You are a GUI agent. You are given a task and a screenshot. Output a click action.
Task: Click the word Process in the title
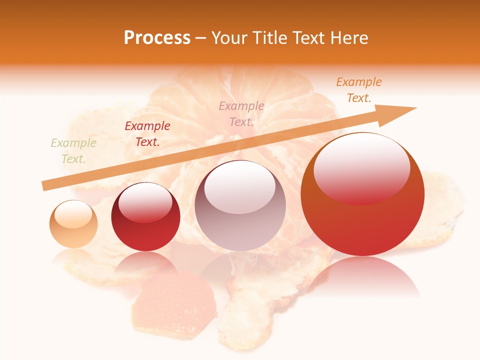[x=157, y=38]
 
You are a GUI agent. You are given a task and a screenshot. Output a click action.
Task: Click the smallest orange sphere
[x=73, y=224]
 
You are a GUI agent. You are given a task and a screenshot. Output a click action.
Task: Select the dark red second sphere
[x=145, y=217]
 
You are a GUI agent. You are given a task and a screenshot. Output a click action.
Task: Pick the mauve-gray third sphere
[x=240, y=205]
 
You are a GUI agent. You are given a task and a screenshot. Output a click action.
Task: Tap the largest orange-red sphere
[x=362, y=194]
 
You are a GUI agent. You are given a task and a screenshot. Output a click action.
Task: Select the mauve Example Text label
[x=241, y=113]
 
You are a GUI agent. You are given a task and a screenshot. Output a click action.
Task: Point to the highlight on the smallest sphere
[x=73, y=214]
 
